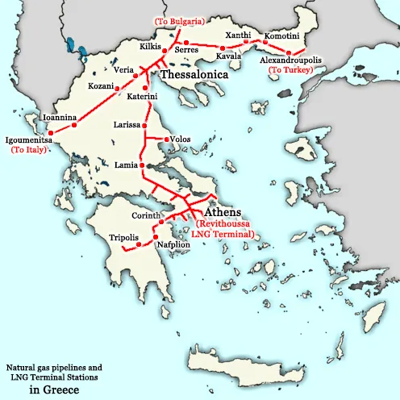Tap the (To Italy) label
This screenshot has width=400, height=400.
pos(30,150)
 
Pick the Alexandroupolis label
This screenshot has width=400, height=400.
pos(293,60)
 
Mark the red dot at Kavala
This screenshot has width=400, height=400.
pos(222,50)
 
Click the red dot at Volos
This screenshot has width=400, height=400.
pos(166,140)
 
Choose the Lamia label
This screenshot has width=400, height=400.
pos(126,165)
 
